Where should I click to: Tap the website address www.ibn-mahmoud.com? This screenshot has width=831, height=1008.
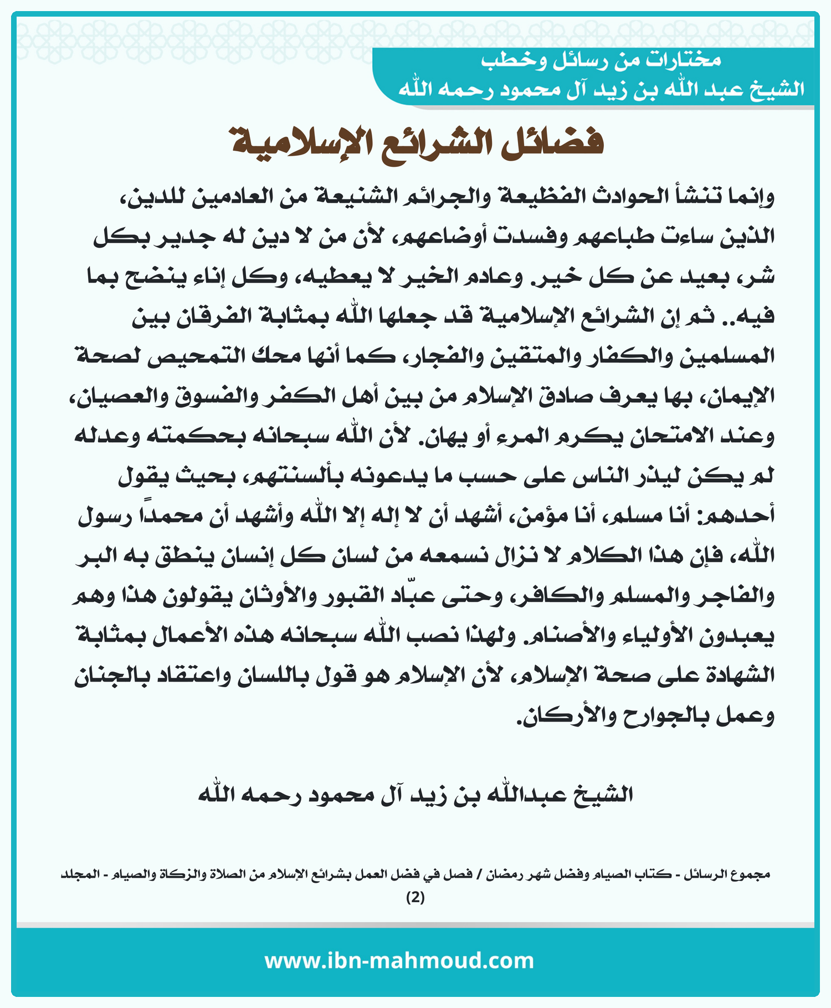[x=399, y=960]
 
